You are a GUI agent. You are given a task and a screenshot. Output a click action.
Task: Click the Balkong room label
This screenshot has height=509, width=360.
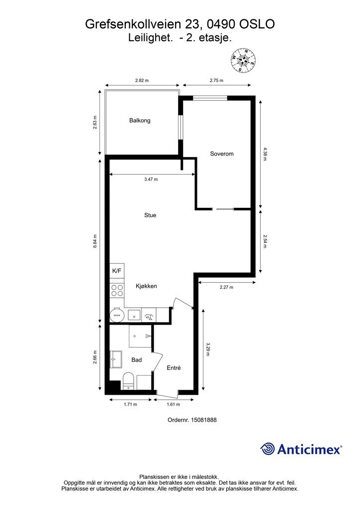pyautogui.click(x=140, y=120)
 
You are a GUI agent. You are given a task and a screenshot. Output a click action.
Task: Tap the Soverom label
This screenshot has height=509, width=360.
pyautogui.click(x=222, y=154)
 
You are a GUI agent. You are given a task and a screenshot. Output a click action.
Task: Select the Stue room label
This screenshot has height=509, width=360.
pyautogui.click(x=150, y=215)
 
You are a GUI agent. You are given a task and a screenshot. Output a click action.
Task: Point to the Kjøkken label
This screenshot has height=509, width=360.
pyautogui.click(x=146, y=286)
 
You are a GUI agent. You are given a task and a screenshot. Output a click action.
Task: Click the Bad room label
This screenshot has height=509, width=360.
pyautogui.click(x=136, y=360)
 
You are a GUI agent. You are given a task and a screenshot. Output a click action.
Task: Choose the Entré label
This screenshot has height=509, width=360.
pyautogui.click(x=174, y=368)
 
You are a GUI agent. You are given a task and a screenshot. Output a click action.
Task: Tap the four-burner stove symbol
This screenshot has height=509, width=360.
pyautogui.click(x=117, y=290)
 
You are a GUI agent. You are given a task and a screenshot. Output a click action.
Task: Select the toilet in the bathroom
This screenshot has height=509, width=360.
pyautogui.click(x=129, y=381)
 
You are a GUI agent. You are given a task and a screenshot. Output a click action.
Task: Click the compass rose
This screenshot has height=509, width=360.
pyautogui.click(x=243, y=60)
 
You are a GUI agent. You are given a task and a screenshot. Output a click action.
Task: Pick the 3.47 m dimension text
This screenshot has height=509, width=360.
pyautogui.click(x=151, y=179)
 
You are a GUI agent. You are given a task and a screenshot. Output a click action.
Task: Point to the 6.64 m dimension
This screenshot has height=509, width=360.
pyautogui.click(x=95, y=241)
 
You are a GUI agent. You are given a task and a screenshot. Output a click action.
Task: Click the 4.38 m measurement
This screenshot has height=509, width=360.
pyautogui.click(x=265, y=155)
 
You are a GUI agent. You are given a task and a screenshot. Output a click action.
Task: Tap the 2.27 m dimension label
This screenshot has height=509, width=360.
pyautogui.click(x=226, y=287)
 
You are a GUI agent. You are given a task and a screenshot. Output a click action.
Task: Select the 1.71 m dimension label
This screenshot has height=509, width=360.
pyautogui.click(x=130, y=405)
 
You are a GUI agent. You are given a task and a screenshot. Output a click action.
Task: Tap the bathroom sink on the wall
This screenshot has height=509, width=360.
pyautogui.click(x=116, y=359)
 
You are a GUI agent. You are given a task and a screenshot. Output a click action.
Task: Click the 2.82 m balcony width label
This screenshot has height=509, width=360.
pyautogui.click(x=142, y=81)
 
